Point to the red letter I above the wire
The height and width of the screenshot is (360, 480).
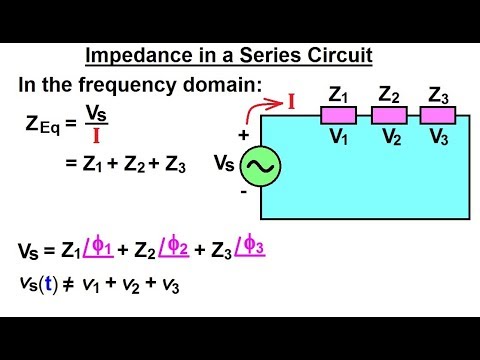click(x=292, y=102)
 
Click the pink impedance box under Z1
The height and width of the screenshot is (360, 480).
click(x=338, y=116)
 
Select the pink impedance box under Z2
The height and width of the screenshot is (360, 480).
click(x=388, y=116)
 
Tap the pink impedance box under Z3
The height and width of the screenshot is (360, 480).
click(x=438, y=116)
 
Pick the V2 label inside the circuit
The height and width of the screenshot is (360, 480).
click(x=390, y=137)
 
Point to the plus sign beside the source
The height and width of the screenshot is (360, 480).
click(x=242, y=132)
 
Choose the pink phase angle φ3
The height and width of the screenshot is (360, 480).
click(x=255, y=246)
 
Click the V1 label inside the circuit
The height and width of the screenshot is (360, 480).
click(x=340, y=137)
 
